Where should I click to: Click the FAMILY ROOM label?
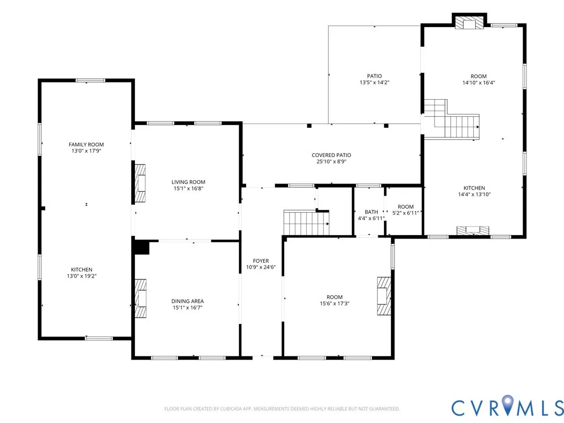86,145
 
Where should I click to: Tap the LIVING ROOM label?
188,182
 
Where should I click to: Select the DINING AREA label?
187,301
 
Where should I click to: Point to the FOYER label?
261,261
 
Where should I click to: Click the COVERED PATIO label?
331,155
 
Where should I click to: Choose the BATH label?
371,212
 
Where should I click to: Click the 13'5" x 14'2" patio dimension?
375,83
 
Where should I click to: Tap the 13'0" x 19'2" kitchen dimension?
82,276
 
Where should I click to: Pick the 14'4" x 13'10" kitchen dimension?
474,194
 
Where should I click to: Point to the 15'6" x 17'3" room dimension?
334,303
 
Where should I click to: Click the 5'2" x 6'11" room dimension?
405,213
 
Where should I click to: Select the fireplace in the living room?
140,183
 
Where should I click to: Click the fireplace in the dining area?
140,298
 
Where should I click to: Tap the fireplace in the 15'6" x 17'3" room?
384,296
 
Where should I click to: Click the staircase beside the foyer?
306,223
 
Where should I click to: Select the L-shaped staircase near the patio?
452,120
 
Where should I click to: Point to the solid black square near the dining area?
142,247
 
